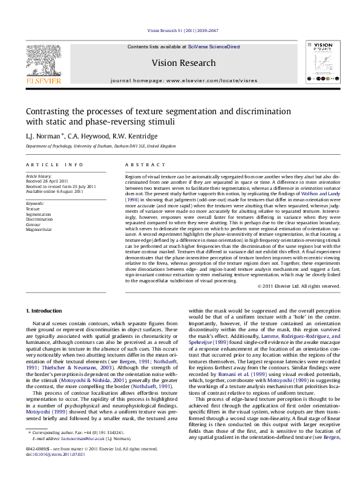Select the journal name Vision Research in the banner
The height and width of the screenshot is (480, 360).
coord(183,63)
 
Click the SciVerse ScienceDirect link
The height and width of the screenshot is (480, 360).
coord(214,47)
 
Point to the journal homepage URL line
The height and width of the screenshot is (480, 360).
coord(183,80)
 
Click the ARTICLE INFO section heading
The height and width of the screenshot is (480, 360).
coord(54,164)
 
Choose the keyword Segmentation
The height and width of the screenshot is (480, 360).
coord(39,214)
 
